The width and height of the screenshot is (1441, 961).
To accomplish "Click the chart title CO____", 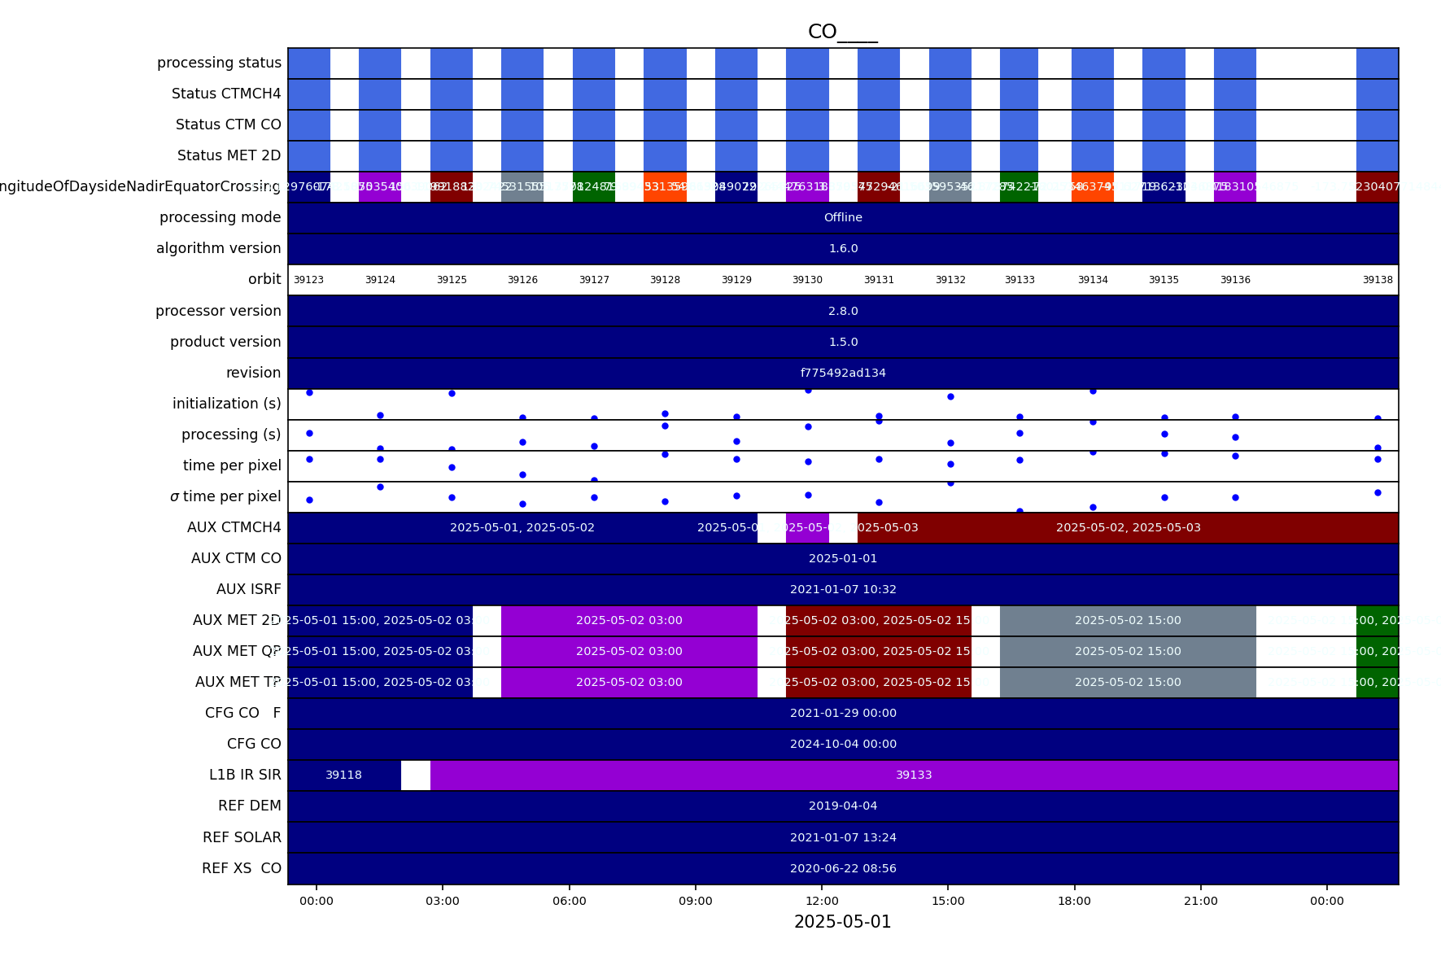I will (x=842, y=33).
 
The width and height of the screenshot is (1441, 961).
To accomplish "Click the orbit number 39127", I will (x=594, y=280).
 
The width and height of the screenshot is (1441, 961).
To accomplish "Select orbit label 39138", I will (x=1378, y=280).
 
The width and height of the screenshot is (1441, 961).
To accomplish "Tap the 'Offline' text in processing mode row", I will (x=843, y=218).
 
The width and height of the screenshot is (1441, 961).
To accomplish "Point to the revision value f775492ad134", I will (x=843, y=373).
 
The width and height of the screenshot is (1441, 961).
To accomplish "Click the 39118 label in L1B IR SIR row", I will (x=343, y=775).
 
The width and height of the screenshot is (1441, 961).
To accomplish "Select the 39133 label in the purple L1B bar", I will (x=914, y=775).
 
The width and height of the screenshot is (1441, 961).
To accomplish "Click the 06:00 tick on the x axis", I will (x=569, y=901).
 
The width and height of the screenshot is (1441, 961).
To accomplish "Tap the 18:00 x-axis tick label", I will (x=1074, y=901).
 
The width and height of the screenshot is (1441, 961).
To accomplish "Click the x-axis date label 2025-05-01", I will (x=842, y=923).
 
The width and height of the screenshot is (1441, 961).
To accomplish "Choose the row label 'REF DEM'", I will (x=249, y=806).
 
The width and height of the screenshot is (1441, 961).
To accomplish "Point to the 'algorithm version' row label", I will (x=218, y=249).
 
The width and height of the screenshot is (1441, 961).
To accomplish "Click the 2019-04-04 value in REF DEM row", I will (x=843, y=806).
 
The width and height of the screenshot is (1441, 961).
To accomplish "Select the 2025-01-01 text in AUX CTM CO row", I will (x=843, y=559).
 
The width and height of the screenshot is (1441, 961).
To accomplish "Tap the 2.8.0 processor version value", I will (x=843, y=312).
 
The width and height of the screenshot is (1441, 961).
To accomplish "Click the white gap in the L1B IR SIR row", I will (x=416, y=775).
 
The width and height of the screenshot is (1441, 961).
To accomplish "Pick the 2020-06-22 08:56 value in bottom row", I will (x=843, y=869).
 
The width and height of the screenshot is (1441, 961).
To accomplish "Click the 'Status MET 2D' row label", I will (x=229, y=156).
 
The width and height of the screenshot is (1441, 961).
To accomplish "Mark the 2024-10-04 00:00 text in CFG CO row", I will (x=843, y=745).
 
